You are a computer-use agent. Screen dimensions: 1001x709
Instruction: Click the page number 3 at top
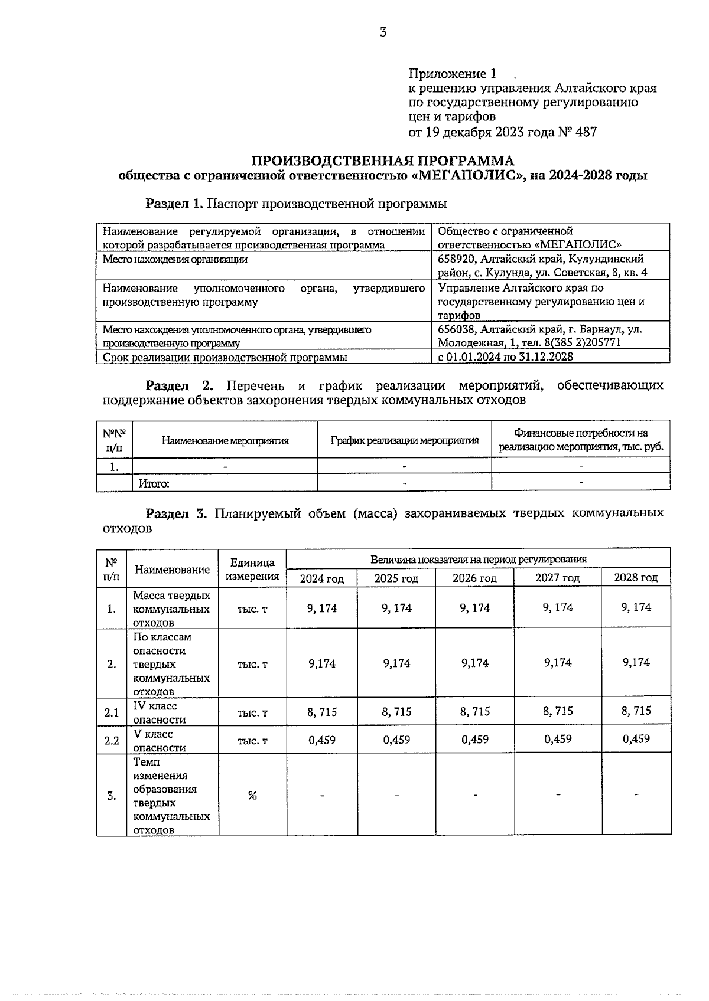pyautogui.click(x=383, y=32)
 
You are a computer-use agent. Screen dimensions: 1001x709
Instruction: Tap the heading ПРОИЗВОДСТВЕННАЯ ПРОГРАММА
pyautogui.click(x=383, y=161)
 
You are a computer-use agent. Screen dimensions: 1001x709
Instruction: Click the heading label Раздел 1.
pyautogui.click(x=175, y=204)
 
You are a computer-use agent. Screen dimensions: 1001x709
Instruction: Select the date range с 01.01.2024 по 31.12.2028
pyautogui.click(x=505, y=356)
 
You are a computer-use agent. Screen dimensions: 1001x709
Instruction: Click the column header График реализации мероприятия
pyautogui.click(x=404, y=440)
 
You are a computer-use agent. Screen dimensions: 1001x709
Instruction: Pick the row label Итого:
pyautogui.click(x=154, y=484)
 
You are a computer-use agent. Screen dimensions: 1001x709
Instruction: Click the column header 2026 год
pyautogui.click(x=474, y=578)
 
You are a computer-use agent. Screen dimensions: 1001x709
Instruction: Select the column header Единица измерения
pyautogui.click(x=252, y=570)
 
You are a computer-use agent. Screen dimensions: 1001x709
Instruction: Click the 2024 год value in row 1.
pyautogui.click(x=322, y=608)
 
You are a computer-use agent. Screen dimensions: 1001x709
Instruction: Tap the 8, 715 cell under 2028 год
pyautogui.click(x=636, y=711)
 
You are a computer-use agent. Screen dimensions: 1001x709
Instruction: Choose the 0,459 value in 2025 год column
pyautogui.click(x=396, y=740)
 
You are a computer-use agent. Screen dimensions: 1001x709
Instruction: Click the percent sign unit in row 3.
pyautogui.click(x=252, y=795)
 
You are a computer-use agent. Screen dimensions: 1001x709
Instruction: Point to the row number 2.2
pyautogui.click(x=112, y=741)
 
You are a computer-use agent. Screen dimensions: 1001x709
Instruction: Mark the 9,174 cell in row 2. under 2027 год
pyautogui.click(x=558, y=663)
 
